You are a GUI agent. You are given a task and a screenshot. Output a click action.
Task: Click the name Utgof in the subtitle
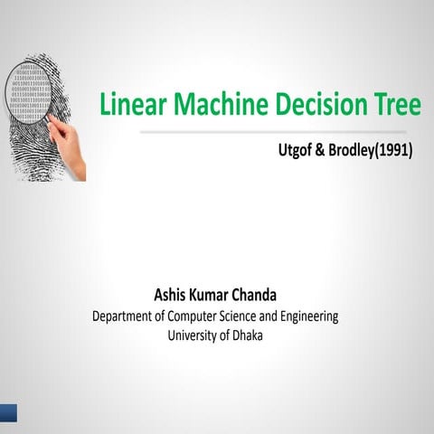(297, 151)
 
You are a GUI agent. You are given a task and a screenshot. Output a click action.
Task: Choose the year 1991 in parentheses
(392, 151)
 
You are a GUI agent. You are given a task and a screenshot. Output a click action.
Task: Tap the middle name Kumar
(217, 296)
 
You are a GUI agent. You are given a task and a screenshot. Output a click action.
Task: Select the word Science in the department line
(254, 316)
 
